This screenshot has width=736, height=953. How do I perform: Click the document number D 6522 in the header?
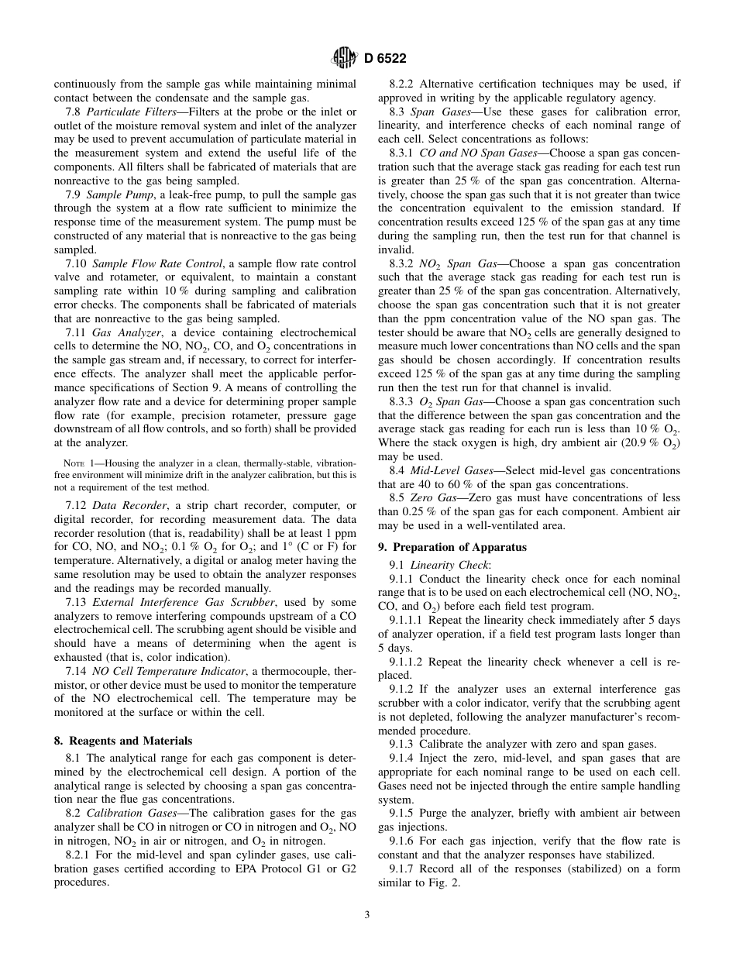[385, 57]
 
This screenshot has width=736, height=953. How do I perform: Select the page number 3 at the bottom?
[367, 914]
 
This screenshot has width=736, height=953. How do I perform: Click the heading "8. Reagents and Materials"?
[122, 741]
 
